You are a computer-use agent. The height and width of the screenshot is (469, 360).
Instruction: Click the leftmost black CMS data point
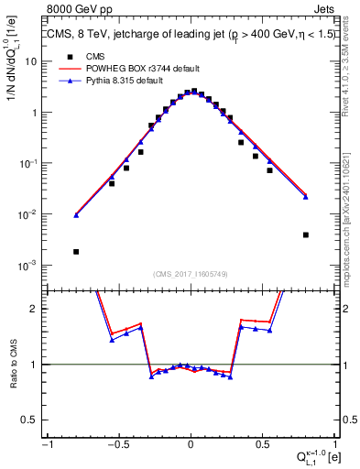click(76, 251)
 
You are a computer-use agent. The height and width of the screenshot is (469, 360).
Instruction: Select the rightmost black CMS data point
click(306, 234)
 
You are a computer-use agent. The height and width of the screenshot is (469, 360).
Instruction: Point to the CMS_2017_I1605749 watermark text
click(190, 274)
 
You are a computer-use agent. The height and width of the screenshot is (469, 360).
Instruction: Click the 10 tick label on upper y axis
click(31, 61)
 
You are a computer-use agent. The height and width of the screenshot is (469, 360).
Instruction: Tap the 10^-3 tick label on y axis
click(29, 266)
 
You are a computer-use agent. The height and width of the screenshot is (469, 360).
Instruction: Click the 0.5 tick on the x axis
click(262, 444)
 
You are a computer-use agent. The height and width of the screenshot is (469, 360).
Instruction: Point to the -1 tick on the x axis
click(48, 444)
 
